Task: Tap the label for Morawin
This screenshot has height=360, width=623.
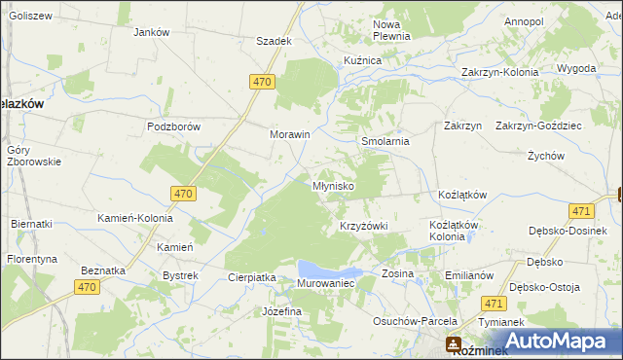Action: pos(289,134)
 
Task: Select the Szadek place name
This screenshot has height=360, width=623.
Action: pos(274,41)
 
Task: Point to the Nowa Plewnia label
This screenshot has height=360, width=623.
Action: pos(392,29)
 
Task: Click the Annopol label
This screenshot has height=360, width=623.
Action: pos(524,20)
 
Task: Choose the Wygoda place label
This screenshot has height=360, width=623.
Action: pos(576,69)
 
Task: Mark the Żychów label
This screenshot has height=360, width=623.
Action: pos(546,156)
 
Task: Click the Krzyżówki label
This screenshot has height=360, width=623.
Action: pos(363,226)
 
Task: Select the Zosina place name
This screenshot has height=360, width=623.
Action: pos(397,273)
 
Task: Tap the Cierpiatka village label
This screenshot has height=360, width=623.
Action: pos(252,277)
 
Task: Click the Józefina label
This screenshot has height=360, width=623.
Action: pos(281,311)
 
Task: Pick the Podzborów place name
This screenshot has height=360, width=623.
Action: pos(173,126)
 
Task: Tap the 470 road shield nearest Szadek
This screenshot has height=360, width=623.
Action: pos(261,83)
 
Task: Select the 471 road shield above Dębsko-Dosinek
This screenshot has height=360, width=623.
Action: pos(581,211)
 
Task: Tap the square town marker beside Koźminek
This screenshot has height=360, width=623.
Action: pos(454,343)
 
